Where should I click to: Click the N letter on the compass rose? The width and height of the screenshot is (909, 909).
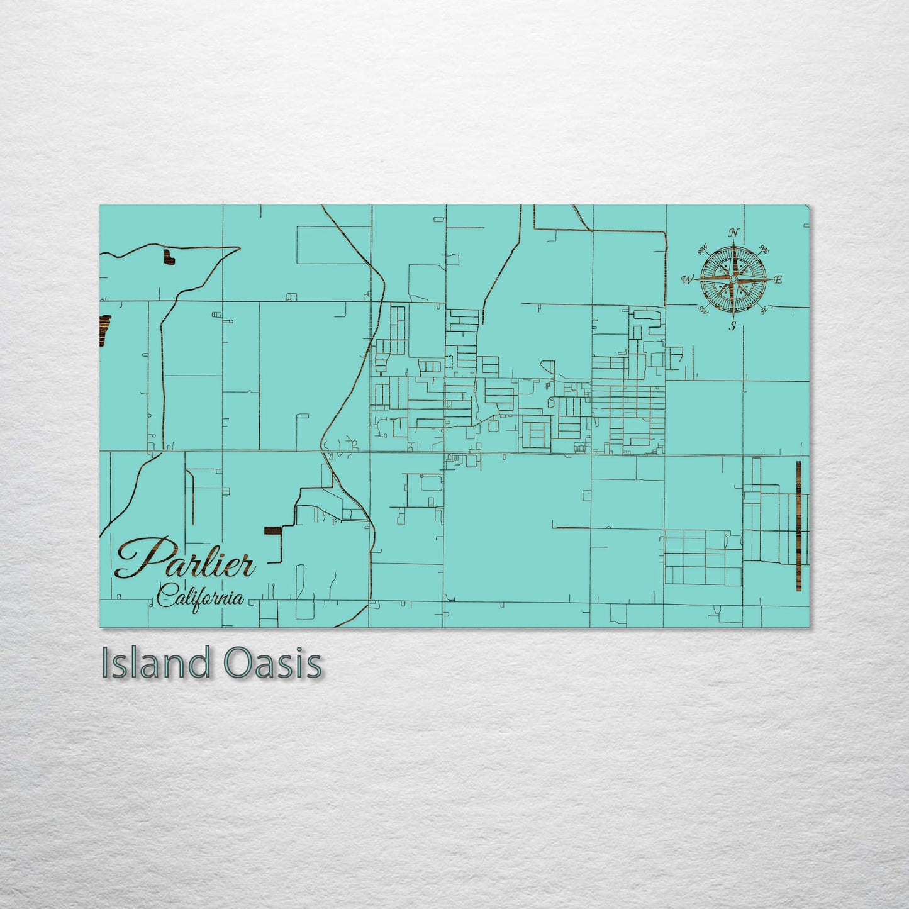[x=733, y=233]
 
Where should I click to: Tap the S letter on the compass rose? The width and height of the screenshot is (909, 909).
[x=732, y=326]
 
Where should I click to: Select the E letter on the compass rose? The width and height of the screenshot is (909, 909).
[x=778, y=280]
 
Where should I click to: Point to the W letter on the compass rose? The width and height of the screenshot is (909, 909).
[x=687, y=279]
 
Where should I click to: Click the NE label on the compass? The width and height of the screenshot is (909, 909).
[x=764, y=250]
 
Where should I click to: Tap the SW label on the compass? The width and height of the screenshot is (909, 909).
[x=703, y=310]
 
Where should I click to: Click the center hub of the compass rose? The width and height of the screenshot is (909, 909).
[x=733, y=279]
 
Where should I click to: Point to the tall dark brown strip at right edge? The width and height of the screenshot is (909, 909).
[x=798, y=526]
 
